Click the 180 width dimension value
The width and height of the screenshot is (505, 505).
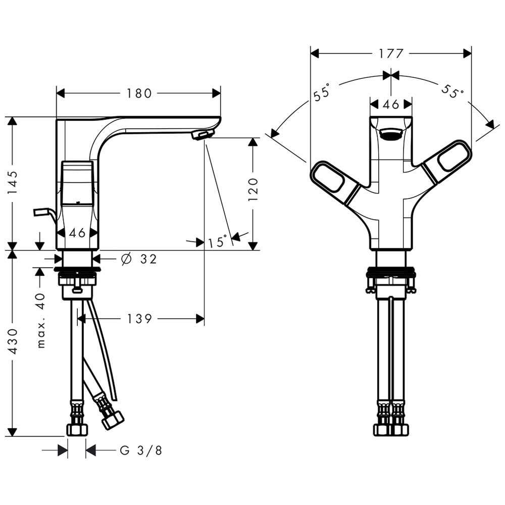click(139, 93)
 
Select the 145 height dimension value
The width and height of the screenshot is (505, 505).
click(13, 183)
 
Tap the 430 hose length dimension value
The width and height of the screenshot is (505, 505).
click(13, 341)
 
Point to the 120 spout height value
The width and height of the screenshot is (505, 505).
click(253, 189)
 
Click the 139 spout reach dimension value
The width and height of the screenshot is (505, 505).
click(139, 319)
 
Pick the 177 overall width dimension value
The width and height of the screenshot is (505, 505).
click(391, 54)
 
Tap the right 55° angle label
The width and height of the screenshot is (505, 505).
click(452, 91)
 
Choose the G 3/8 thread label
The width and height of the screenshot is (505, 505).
click(141, 450)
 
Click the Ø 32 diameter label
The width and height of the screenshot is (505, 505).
click(139, 259)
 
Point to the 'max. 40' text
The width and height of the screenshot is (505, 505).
click(41, 320)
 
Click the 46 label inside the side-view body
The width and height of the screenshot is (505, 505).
click(77, 232)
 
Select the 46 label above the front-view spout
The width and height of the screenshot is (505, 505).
click(391, 104)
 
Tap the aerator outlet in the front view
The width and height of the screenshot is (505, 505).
click(391, 134)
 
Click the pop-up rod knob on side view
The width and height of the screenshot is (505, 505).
click(43, 213)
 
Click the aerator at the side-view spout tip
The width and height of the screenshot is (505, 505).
click(203, 135)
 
